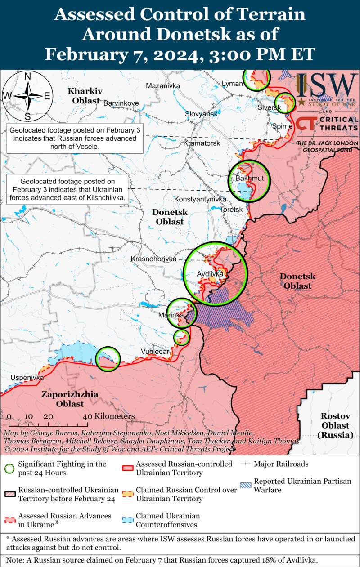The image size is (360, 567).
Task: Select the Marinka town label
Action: click(171, 316)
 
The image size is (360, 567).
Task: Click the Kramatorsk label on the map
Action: click(202, 143)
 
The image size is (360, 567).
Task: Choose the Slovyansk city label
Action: click(201, 114)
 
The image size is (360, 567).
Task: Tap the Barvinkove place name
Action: click(121, 103)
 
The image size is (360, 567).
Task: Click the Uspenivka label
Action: click(27, 378)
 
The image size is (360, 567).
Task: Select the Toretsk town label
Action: click(232, 210)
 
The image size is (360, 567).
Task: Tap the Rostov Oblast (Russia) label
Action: click(335, 425)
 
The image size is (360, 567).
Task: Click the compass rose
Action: click(27, 96)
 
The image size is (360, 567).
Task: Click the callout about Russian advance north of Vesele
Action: click(75, 138)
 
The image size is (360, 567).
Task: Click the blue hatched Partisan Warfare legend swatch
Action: click(246, 485)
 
